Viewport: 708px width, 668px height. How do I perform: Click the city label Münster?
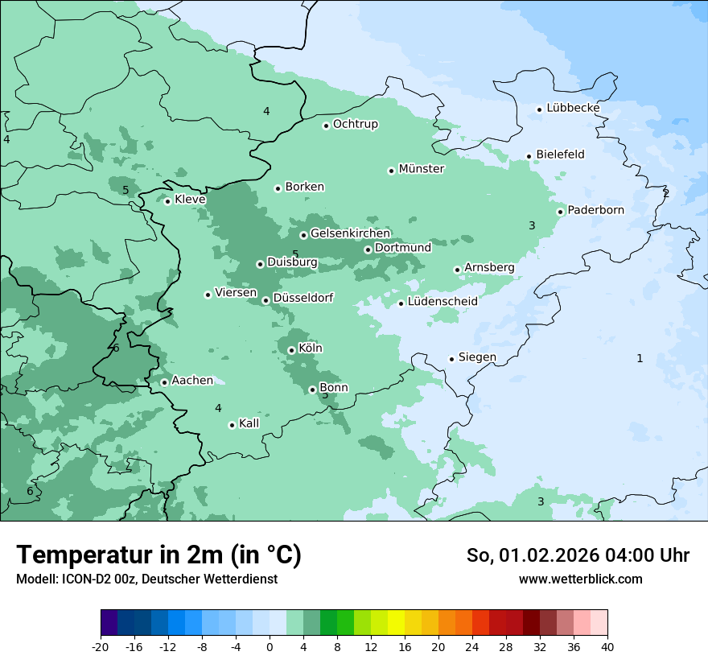point(421,169)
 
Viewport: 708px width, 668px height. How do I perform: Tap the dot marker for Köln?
point(291,350)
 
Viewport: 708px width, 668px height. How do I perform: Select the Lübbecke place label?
point(573,108)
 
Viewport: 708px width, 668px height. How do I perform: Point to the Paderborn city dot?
point(561,212)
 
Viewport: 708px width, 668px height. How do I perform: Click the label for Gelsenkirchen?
point(350,233)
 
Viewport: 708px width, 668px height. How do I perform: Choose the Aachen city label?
point(192,381)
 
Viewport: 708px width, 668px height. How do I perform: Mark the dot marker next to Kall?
point(232,425)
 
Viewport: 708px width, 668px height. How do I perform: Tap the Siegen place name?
point(477,357)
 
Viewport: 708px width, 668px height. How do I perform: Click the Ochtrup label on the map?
point(355,124)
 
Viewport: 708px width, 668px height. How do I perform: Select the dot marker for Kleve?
point(167,201)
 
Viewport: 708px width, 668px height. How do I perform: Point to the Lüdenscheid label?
point(442,302)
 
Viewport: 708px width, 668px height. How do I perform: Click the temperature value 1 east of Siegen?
point(640,358)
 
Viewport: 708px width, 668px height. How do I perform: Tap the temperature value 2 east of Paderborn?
point(665,193)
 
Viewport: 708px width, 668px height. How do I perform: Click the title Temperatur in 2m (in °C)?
point(158,555)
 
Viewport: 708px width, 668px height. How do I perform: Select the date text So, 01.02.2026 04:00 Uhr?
point(578,555)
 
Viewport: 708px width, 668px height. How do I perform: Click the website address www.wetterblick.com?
point(580,579)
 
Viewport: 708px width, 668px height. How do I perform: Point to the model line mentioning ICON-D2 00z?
point(146,579)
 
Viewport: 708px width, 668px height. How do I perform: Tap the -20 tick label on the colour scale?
point(101,646)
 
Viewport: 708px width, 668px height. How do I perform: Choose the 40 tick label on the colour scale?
point(607,646)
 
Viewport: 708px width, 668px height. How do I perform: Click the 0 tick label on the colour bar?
point(270,646)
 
